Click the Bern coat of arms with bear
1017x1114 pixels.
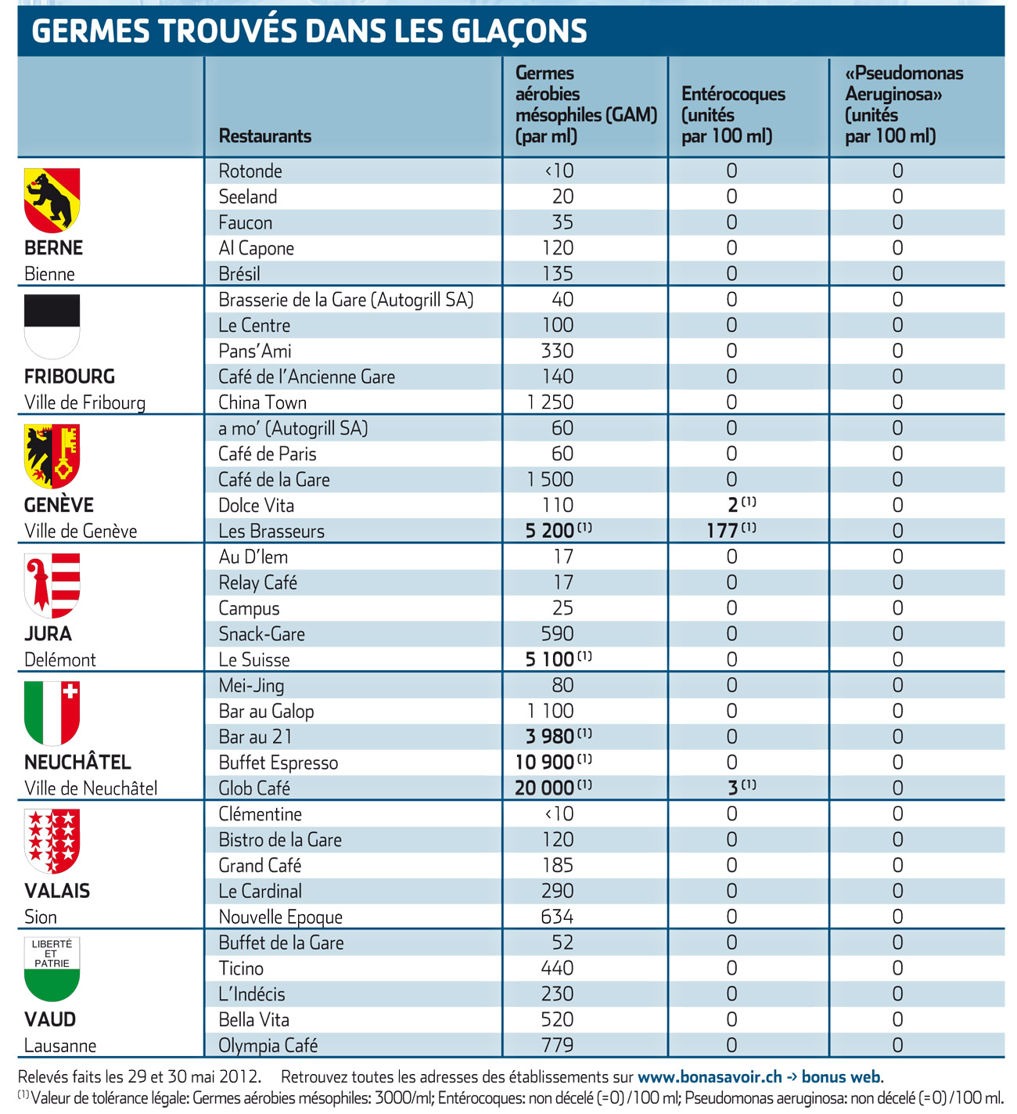(x=52, y=200)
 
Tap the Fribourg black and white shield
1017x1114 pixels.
(x=52, y=326)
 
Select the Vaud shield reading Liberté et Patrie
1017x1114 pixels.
(x=52, y=968)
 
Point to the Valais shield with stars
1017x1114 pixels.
(x=52, y=841)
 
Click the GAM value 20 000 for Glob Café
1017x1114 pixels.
(x=544, y=788)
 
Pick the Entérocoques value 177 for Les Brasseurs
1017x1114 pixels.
(x=721, y=531)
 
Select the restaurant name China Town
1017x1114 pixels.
(x=262, y=402)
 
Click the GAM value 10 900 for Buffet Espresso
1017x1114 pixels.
(x=544, y=762)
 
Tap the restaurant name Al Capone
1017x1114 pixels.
(x=256, y=248)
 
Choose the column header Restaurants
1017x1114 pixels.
(x=264, y=136)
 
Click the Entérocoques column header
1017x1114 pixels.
(x=733, y=115)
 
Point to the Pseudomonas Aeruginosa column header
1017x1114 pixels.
(x=904, y=104)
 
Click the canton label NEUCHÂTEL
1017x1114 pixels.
(x=77, y=762)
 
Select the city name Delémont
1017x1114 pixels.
(x=60, y=660)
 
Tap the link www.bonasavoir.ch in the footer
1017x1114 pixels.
(x=710, y=1076)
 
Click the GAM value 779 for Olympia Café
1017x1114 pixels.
(x=557, y=1045)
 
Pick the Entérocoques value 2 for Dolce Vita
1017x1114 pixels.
(x=733, y=506)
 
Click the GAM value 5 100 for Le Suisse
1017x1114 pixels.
(x=549, y=659)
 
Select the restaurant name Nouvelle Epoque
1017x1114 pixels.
(x=280, y=917)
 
